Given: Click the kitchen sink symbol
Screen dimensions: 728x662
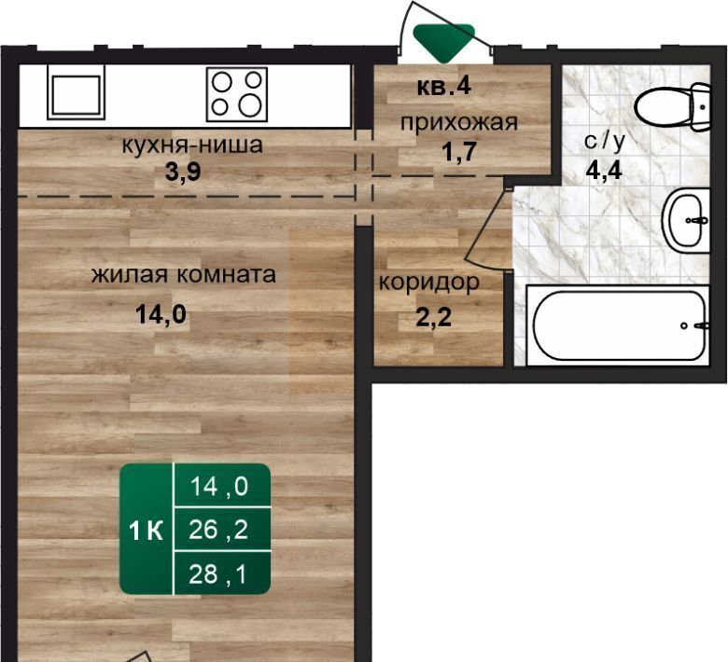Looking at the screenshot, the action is coord(77,92).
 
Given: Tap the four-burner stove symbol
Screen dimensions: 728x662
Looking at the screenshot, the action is coord(237,94).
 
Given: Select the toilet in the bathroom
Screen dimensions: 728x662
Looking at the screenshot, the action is coord(672,106).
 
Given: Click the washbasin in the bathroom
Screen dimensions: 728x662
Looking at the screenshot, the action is coord(686,220).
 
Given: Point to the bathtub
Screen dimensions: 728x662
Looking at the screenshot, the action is coord(618,325).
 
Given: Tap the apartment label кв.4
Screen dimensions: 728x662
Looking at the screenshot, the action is coord(444,87).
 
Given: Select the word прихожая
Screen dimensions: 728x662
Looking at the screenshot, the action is coord(458,123).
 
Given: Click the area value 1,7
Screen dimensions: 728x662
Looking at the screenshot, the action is coord(459,151).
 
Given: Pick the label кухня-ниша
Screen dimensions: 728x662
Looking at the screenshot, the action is coord(192,145).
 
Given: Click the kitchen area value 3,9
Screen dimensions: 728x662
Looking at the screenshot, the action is coord(183,172).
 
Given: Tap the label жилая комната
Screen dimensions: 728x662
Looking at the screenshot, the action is coord(183,275).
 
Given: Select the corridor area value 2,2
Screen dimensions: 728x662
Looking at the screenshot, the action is coord(433,318).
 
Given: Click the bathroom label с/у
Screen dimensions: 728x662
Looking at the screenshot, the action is coord(605,141).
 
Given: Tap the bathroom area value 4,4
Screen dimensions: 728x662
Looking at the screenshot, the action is coord(604,171).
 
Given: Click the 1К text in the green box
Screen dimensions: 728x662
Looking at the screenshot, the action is coord(146,531).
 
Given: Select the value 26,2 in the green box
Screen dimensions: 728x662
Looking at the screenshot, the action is coord(218,530).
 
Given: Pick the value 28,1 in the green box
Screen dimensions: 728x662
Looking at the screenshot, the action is coord(217,574).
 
